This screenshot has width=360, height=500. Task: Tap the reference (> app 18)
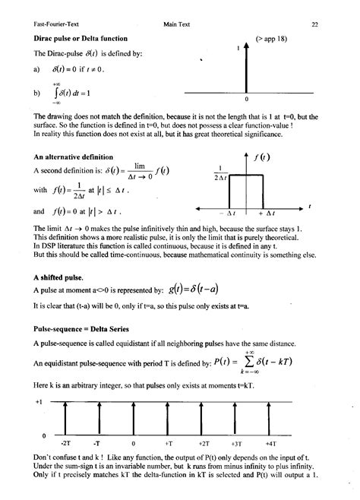pyautogui.click(x=271, y=37)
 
